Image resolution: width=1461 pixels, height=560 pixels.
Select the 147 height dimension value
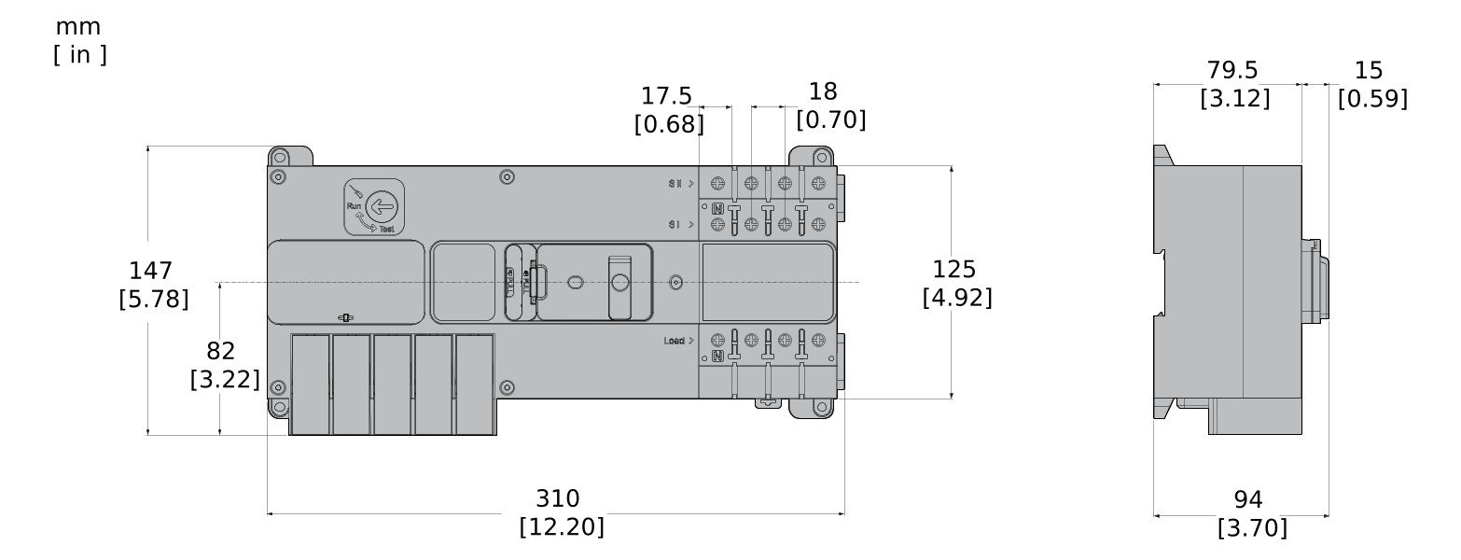(x=151, y=271)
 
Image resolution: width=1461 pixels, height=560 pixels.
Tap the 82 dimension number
(x=221, y=351)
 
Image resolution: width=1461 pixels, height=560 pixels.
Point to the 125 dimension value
(x=954, y=270)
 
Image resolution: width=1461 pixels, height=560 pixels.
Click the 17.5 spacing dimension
(x=666, y=96)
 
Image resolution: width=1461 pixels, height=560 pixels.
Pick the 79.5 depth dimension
(x=1232, y=71)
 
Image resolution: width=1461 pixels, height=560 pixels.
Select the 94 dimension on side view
(x=1248, y=499)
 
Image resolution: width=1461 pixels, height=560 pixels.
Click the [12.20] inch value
(x=561, y=526)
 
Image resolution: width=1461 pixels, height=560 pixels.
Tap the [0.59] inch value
(x=1371, y=99)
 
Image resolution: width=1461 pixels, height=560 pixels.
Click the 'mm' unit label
(x=78, y=27)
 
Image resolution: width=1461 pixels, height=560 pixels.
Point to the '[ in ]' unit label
(x=80, y=55)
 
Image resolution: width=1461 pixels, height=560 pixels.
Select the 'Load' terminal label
(x=675, y=341)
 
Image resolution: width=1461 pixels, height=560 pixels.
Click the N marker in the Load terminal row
(x=717, y=356)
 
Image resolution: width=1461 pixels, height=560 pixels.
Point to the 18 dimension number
(x=823, y=91)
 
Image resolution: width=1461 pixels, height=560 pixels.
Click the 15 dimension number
(x=1369, y=71)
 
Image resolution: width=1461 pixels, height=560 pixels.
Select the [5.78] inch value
(x=154, y=300)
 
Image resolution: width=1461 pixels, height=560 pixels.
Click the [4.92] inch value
(x=956, y=298)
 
